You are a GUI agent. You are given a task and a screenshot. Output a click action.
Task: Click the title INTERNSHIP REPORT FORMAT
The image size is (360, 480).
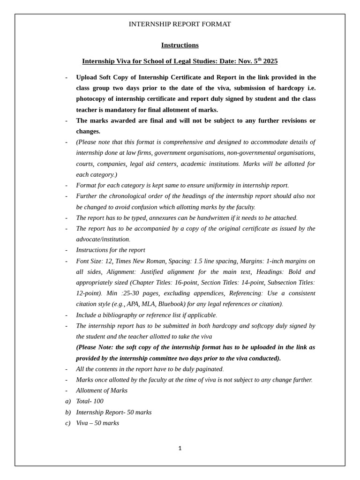pos(180,24)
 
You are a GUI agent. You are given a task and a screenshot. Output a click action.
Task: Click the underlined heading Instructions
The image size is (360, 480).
pos(180,45)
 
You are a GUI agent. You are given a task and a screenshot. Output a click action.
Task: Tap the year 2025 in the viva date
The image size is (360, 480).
pos(270,61)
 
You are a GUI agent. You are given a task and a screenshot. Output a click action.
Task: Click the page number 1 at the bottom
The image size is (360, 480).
pos(180,448)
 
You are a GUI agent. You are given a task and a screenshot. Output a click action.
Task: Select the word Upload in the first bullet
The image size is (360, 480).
pos(87,77)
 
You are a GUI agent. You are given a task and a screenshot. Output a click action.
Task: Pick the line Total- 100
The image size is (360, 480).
pos(90,401)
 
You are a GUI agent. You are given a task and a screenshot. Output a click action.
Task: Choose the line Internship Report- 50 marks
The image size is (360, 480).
pos(113,412)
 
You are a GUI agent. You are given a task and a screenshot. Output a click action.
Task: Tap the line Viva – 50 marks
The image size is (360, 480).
pos(97,423)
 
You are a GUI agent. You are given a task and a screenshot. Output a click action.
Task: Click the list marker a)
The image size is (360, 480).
pos(67,401)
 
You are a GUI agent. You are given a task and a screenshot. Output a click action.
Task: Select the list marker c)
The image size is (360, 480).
pos(67,423)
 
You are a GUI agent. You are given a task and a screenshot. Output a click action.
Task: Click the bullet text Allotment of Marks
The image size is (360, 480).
pos(102,390)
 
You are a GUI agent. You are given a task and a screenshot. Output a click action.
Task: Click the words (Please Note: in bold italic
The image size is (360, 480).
pos(95,347)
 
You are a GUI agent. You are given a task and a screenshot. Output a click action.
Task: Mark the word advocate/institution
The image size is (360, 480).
pos(102,239)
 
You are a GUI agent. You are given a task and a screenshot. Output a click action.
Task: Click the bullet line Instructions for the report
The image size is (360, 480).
pos(111,250)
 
